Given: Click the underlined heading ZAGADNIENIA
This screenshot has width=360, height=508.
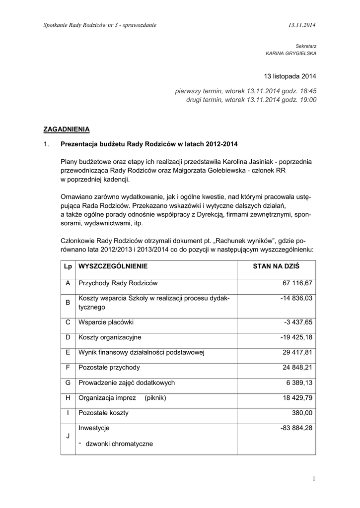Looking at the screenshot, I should pyautogui.click(x=67, y=129).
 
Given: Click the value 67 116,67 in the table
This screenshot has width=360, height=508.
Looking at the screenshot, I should pyautogui.click(x=297, y=283).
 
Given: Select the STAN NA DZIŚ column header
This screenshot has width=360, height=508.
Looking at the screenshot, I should pyautogui.click(x=276, y=266).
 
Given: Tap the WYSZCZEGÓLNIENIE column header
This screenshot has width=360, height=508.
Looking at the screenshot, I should pyautogui.click(x=113, y=266).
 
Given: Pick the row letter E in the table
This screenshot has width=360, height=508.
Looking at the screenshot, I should pyautogui.click(x=68, y=353).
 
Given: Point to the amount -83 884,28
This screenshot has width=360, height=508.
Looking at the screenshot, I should pyautogui.click(x=296, y=428).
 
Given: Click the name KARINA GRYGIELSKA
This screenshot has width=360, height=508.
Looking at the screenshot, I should pyautogui.click(x=291, y=53).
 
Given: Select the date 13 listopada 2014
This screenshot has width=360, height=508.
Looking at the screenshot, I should pyautogui.click(x=290, y=76).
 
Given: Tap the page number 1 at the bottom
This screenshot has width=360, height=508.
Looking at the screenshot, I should pyautogui.click(x=314, y=478).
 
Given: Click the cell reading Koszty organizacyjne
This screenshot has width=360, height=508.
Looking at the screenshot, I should pyautogui.click(x=110, y=337).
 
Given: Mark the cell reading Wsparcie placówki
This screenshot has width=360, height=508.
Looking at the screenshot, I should pyautogui.click(x=106, y=322).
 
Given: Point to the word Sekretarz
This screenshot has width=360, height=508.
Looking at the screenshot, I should pyautogui.click(x=305, y=45).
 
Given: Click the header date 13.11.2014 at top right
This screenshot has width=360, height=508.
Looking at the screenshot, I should pyautogui.click(x=302, y=25).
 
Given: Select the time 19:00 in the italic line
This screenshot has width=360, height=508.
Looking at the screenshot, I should pyautogui.click(x=307, y=100).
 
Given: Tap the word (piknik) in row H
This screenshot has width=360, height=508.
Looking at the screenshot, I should pyautogui.click(x=155, y=398).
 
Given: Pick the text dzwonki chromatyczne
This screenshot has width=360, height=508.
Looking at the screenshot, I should pyautogui.click(x=119, y=444).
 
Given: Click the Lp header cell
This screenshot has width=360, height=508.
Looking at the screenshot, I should pyautogui.click(x=68, y=266).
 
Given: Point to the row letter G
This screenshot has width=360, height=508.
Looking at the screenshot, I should pyautogui.click(x=68, y=383).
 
